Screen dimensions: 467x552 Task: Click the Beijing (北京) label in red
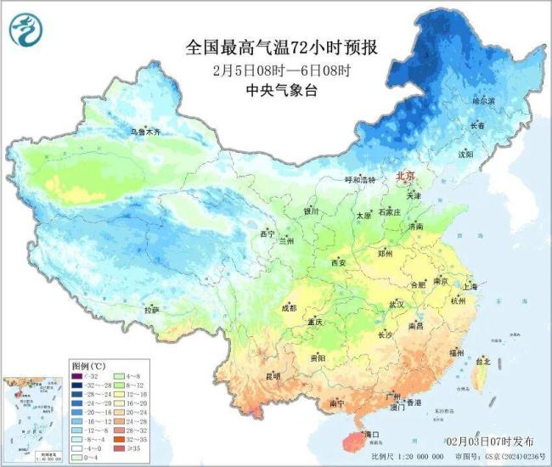(x=405, y=176)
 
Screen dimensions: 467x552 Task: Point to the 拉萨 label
(x=151, y=311)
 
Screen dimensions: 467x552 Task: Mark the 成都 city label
(x=289, y=307)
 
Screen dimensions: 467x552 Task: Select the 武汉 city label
(x=396, y=304)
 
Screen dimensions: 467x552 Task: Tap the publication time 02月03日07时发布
(x=490, y=442)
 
